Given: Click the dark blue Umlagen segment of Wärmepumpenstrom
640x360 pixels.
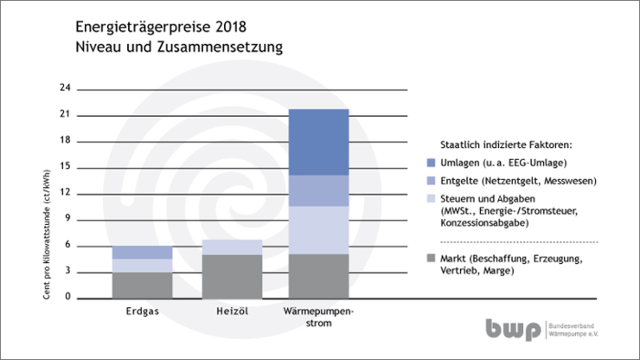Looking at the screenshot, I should (317, 142).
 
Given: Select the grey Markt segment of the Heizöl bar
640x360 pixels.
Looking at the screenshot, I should (232, 276).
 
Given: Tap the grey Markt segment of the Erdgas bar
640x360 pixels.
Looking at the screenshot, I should (141, 285).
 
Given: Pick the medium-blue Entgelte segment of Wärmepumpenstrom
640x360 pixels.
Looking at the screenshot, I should (317, 190).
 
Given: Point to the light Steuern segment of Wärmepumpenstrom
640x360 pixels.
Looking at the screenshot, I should (317, 229).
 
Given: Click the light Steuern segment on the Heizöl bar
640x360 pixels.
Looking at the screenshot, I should (232, 247).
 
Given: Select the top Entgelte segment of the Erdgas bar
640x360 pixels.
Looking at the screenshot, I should (141, 252).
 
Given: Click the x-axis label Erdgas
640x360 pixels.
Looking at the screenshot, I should (141, 309).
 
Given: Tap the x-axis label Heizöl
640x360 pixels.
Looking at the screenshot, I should (232, 309).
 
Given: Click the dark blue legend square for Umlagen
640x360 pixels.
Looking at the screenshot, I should (432, 163).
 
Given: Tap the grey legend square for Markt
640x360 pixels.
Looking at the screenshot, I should (432, 257).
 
